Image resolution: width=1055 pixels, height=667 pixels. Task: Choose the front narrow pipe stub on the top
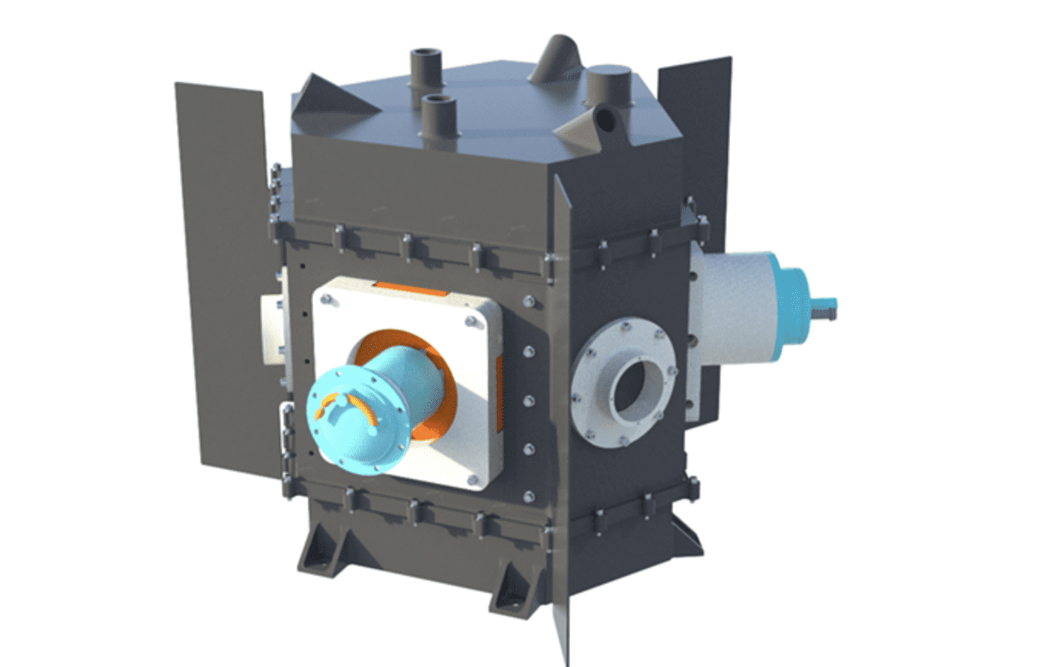439,118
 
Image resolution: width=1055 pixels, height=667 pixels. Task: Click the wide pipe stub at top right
610,85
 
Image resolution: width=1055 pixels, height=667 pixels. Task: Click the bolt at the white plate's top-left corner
326,301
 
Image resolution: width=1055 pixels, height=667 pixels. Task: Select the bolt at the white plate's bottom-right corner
472,481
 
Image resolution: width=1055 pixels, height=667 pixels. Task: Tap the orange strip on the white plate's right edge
500,393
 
